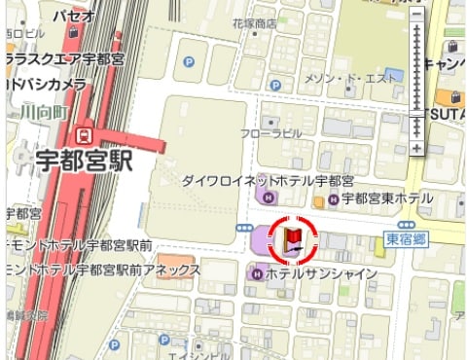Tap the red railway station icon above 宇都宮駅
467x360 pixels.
point(87,133)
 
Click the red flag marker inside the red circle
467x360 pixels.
point(293,239)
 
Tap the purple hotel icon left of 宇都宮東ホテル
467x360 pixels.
point(334,199)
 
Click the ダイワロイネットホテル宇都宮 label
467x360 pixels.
point(268,181)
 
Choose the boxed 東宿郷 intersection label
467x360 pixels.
point(402,238)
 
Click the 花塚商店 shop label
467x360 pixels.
point(255,22)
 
